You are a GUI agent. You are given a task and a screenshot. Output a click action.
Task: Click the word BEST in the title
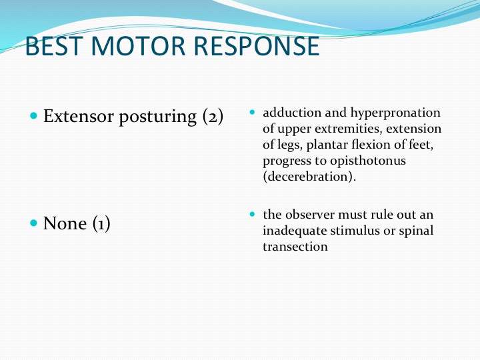click(54, 46)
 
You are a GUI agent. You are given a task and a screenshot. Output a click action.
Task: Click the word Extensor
click(79, 116)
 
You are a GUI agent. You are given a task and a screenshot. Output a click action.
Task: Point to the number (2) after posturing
click(213, 116)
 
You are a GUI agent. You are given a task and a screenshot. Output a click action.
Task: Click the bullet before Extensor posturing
click(34, 116)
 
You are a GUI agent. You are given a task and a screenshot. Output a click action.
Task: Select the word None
click(65, 223)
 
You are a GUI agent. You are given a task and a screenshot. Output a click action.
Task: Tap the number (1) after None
click(101, 223)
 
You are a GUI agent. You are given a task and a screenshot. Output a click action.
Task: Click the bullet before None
click(34, 223)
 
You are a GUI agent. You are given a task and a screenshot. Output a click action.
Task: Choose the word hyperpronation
click(395, 113)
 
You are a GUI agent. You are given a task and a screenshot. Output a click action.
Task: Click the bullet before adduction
click(252, 112)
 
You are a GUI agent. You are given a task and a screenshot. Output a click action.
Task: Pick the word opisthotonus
click(368, 161)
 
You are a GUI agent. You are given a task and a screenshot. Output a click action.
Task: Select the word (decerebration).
click(309, 177)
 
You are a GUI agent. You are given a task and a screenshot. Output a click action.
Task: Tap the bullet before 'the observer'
click(252, 214)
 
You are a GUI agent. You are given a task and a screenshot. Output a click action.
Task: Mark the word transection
click(295, 247)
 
